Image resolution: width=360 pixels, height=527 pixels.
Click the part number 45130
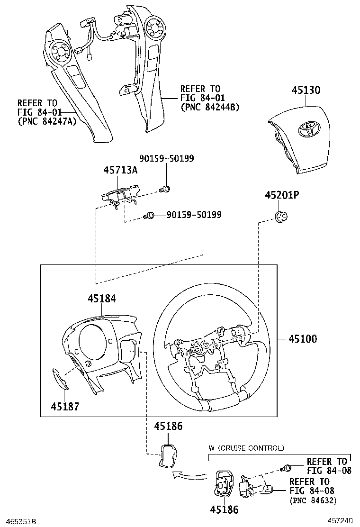click(x=306, y=91)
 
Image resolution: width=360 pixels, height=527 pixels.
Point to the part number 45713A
click(x=121, y=171)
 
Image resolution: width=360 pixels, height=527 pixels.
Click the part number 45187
click(x=65, y=406)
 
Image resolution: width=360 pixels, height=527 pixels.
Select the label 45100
click(x=304, y=339)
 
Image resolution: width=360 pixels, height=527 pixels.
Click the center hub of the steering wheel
click(x=196, y=350)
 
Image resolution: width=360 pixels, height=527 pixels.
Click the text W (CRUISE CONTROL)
click(x=246, y=448)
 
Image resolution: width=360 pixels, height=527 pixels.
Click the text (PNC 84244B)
click(x=210, y=107)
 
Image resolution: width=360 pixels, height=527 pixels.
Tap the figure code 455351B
click(x=18, y=521)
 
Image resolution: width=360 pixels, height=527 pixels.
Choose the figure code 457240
click(x=342, y=521)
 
